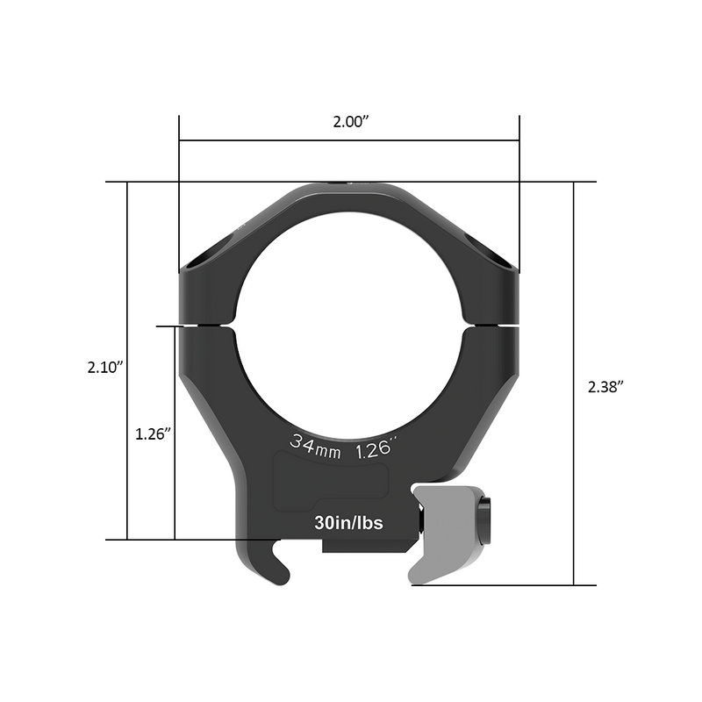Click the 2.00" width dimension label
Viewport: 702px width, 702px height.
click(x=349, y=122)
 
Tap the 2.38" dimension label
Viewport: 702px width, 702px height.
click(x=605, y=386)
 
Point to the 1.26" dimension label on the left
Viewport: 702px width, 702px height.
click(x=152, y=433)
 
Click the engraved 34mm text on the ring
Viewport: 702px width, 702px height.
click(x=317, y=444)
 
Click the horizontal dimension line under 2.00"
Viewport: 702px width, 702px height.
click(x=263, y=140)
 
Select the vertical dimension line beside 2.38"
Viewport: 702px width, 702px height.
click(x=574, y=263)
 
